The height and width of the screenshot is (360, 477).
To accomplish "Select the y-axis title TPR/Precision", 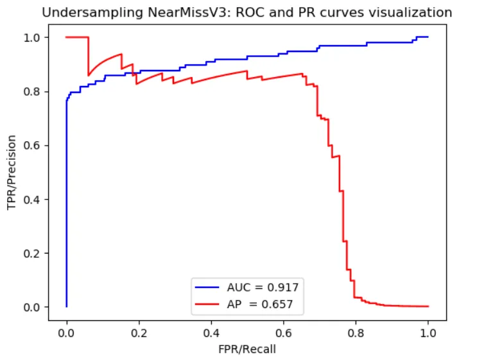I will (x=11, y=171).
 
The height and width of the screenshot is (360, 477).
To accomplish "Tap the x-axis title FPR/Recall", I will (x=247, y=350).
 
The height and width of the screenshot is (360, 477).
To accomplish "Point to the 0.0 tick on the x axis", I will (x=66, y=333).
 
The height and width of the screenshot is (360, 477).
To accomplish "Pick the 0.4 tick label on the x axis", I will (x=211, y=333).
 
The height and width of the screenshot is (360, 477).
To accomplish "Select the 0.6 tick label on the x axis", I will (x=283, y=333).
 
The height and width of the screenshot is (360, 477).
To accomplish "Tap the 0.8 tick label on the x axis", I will (x=356, y=333).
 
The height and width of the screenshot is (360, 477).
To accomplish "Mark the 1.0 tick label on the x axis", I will (x=428, y=333).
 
